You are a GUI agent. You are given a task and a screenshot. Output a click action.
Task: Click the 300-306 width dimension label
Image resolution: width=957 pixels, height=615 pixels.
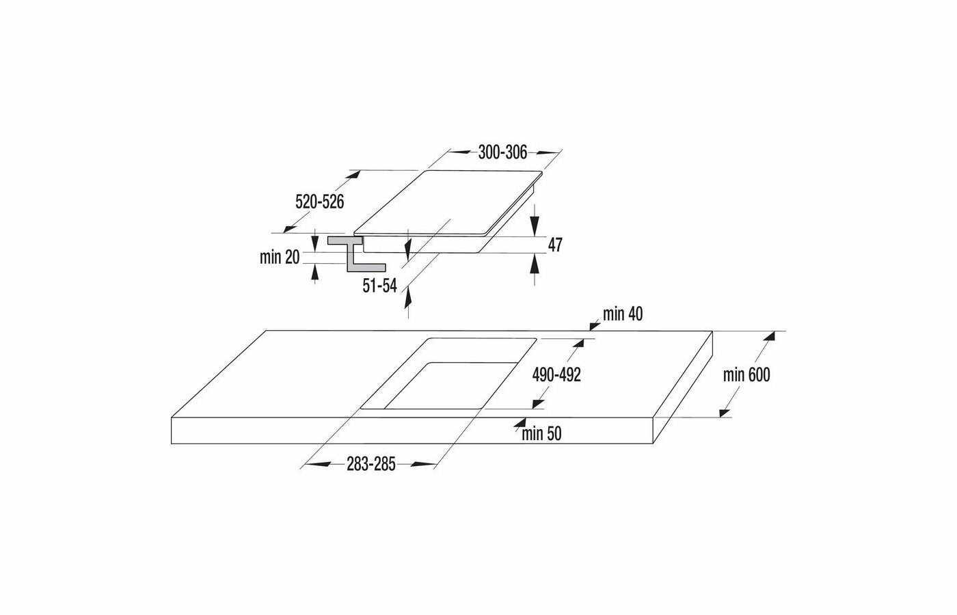[x=502, y=153]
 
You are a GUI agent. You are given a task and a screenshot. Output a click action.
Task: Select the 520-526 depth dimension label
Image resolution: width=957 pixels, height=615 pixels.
[x=319, y=202]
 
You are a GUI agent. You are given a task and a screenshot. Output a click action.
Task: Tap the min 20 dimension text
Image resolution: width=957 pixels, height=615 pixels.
[x=280, y=258]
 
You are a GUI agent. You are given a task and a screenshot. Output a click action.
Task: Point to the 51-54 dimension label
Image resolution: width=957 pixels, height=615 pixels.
[x=380, y=287]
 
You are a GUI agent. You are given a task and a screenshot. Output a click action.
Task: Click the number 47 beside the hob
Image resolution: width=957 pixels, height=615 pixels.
[x=555, y=245]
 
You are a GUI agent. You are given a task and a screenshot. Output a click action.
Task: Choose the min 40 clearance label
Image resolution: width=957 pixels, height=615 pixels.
[x=623, y=314]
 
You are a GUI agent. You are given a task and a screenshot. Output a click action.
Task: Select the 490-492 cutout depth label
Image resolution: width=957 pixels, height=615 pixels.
[x=557, y=374]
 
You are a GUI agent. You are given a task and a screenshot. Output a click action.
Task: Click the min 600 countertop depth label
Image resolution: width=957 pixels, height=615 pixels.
[x=747, y=374]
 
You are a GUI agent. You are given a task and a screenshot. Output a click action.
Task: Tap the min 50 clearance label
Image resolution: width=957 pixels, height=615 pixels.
[x=541, y=433]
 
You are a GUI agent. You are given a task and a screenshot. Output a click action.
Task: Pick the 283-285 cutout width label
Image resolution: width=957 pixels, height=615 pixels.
[x=371, y=465]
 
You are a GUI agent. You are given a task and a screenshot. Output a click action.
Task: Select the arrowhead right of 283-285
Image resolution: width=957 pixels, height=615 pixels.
[x=427, y=465]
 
